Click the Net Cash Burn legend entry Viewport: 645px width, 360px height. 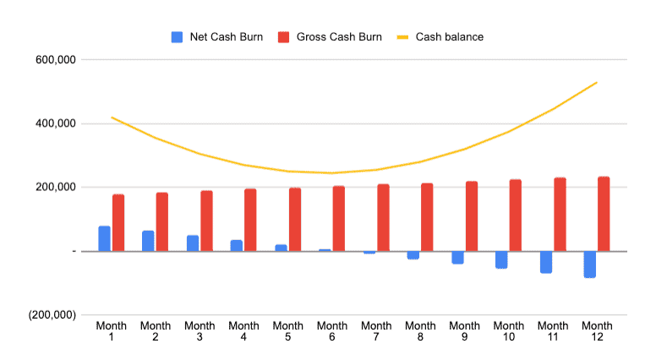coord(215,37)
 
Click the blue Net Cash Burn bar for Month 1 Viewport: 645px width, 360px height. coord(105,239)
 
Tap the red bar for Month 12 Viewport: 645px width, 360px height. coord(604,214)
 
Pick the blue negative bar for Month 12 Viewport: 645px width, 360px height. coord(589,264)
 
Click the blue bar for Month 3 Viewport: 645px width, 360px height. coord(193,243)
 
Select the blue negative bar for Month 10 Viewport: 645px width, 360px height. coord(501,259)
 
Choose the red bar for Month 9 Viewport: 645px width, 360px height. coord(472,216)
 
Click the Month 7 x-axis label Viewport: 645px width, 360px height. coord(376,331)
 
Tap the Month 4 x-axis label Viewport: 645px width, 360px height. coord(243,331)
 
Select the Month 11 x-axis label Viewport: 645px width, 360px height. coord(553,331)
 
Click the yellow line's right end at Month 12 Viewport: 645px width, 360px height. coord(597,82)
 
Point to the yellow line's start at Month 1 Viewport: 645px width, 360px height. coord(112,117)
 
